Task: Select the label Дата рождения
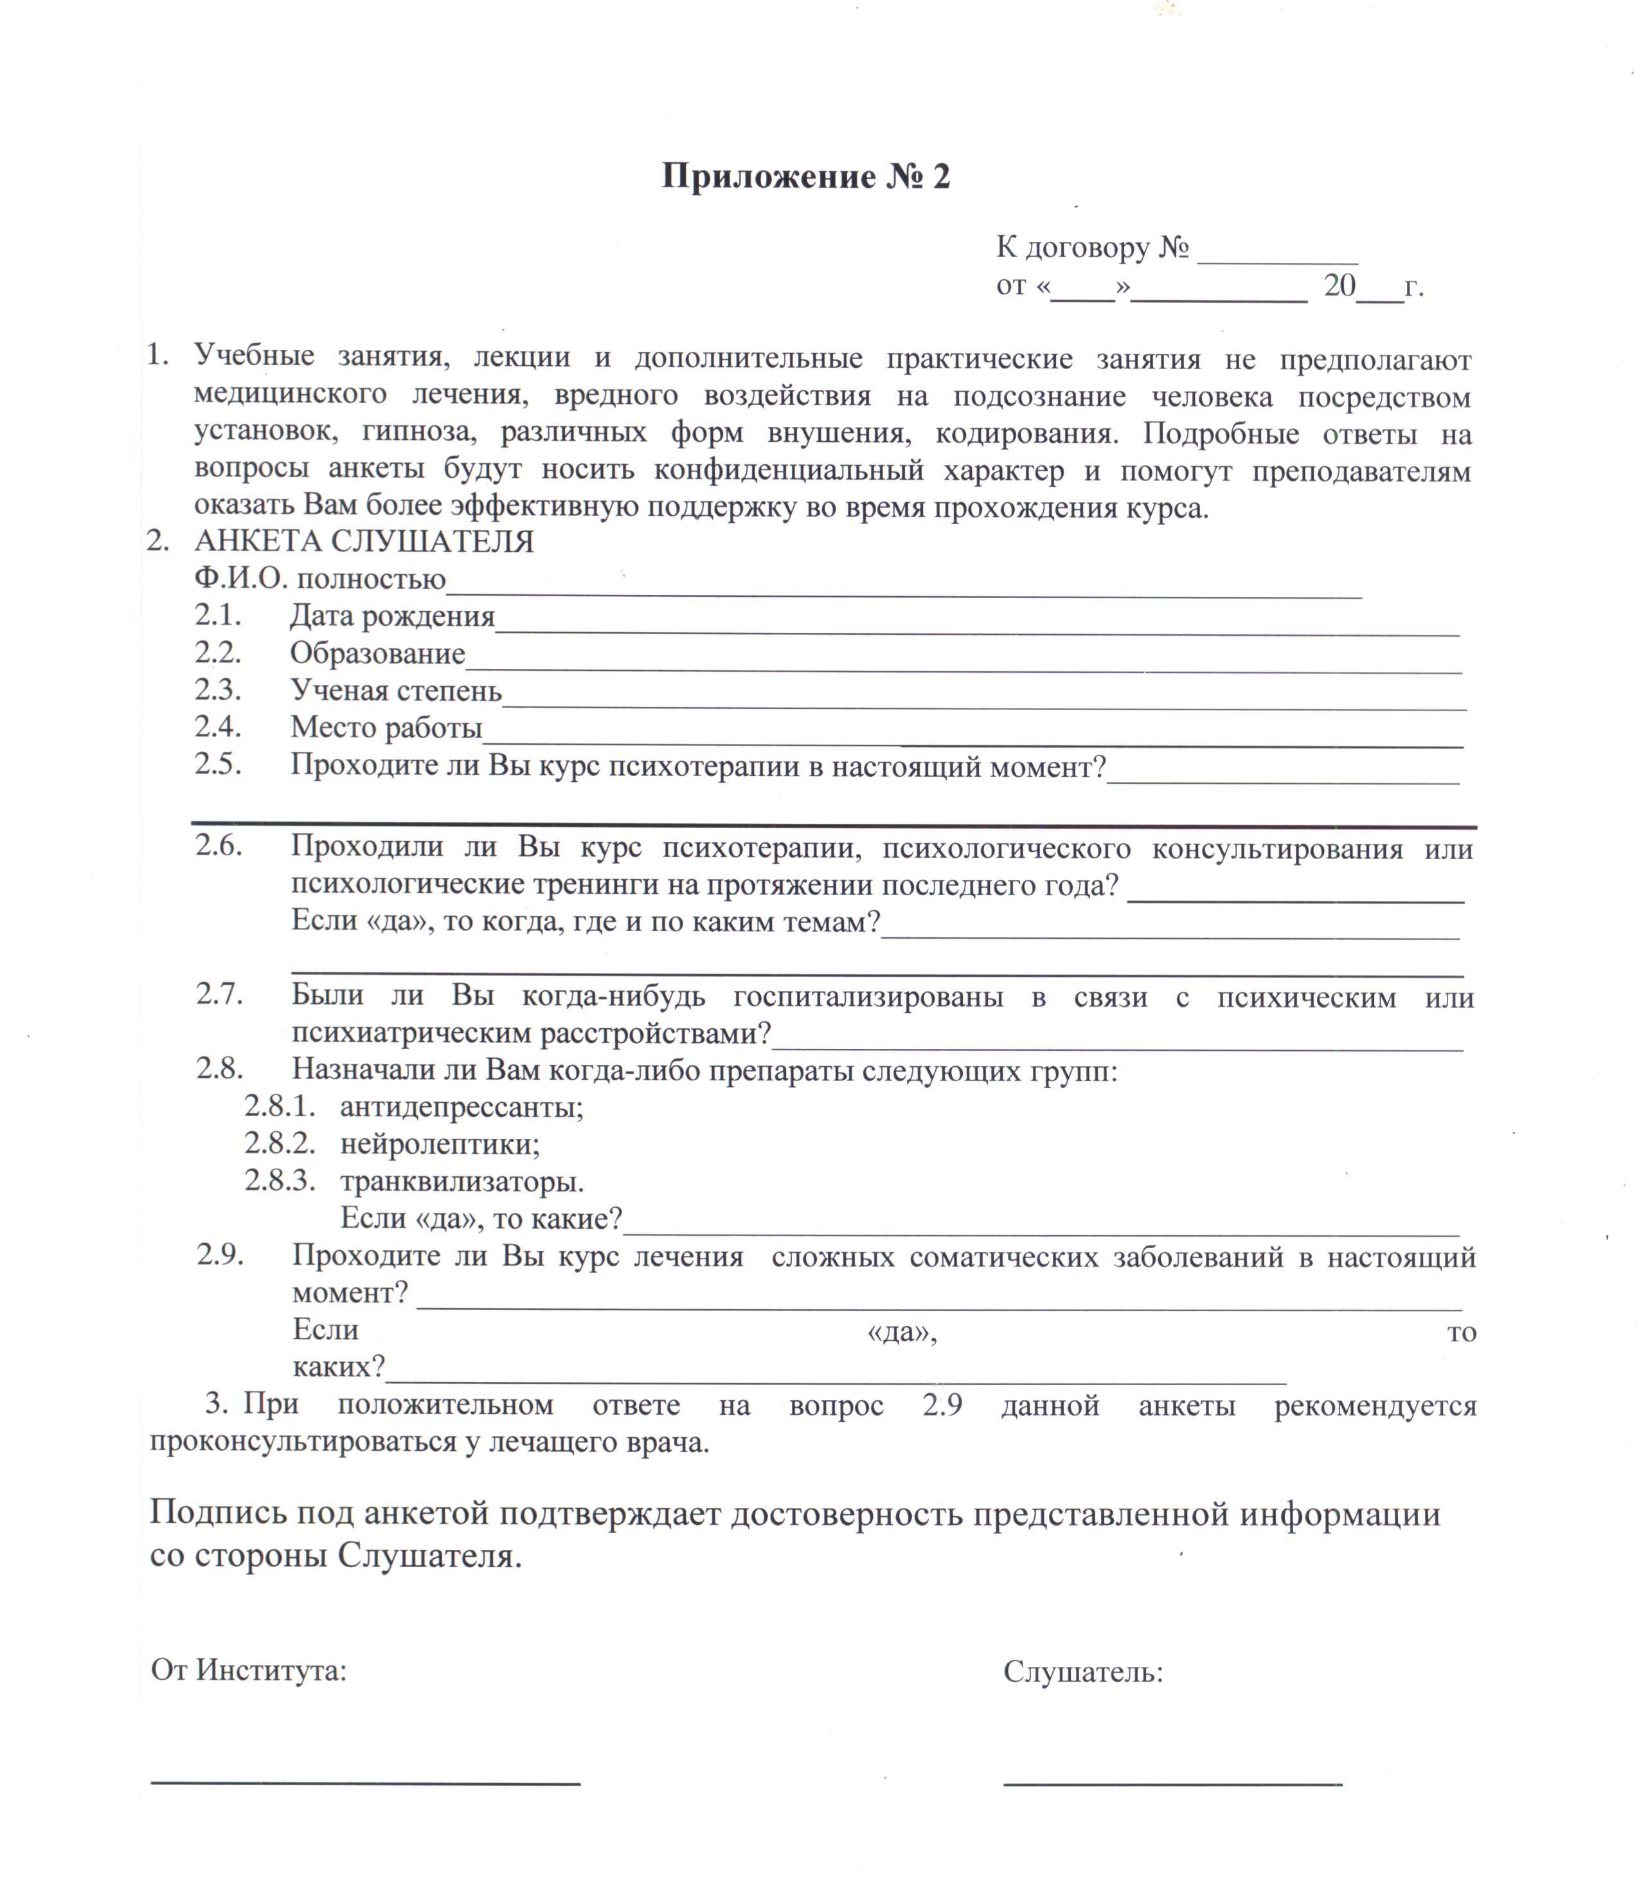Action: pos(392,617)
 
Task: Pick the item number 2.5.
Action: pos(218,764)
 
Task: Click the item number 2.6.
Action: pos(219,846)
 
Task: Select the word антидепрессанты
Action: pos(462,1108)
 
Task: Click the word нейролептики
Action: pos(440,1145)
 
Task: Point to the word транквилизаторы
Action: pos(462,1182)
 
